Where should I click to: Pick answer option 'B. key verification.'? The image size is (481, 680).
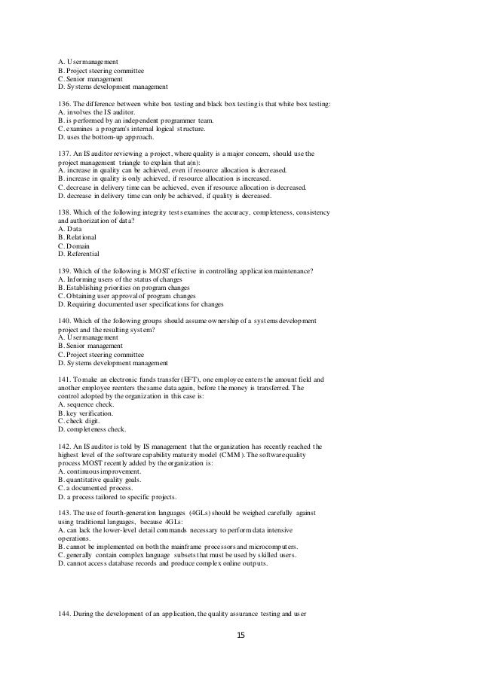click(x=86, y=414)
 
